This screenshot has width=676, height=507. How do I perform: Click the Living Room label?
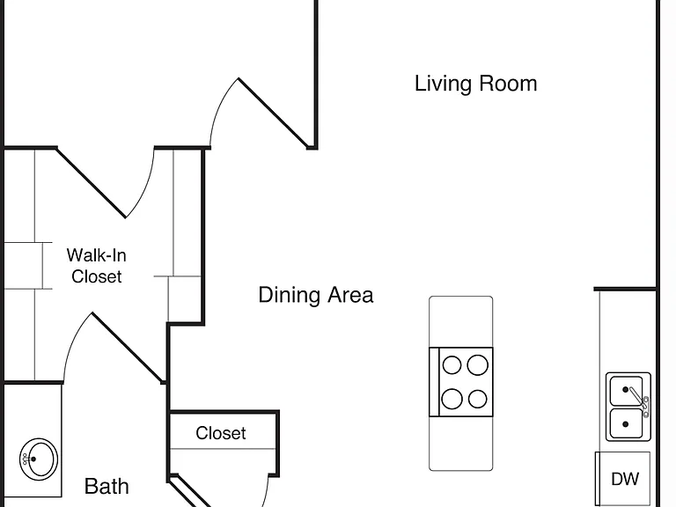(x=475, y=84)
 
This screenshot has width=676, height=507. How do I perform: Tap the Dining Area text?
(x=316, y=296)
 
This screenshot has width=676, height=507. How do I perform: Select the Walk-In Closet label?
(x=97, y=266)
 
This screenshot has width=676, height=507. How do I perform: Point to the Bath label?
(x=107, y=487)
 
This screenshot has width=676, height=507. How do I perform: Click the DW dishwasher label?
(x=625, y=479)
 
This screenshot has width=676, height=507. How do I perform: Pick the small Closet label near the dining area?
(x=221, y=433)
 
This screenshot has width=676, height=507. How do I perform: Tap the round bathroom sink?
(x=39, y=459)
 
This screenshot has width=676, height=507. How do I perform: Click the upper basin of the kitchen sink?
(x=626, y=391)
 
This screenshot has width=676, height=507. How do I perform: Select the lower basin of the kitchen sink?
(x=626, y=423)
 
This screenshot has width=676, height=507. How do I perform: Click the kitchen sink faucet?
(x=639, y=400)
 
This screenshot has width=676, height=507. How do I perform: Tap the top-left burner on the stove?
(x=452, y=365)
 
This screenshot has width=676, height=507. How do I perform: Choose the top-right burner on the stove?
(x=478, y=365)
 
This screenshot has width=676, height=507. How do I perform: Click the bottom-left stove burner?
(x=452, y=399)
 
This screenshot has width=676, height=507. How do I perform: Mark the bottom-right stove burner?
(x=478, y=399)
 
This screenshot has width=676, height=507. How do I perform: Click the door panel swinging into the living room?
(x=274, y=114)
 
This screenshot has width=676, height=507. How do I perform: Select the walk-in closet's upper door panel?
(x=91, y=183)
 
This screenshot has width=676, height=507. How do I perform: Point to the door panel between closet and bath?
(x=128, y=348)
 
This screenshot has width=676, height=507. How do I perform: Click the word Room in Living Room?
(x=508, y=84)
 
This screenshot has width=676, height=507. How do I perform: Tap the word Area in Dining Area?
(x=350, y=296)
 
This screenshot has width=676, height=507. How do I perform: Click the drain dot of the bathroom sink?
(x=33, y=459)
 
